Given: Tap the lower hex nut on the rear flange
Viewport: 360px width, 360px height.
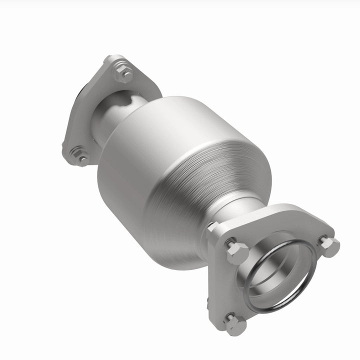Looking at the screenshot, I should click(x=78, y=155).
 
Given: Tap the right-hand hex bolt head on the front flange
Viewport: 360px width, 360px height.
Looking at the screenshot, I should click(x=329, y=246).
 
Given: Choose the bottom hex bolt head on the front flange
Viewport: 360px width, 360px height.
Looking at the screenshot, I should click(x=236, y=324).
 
